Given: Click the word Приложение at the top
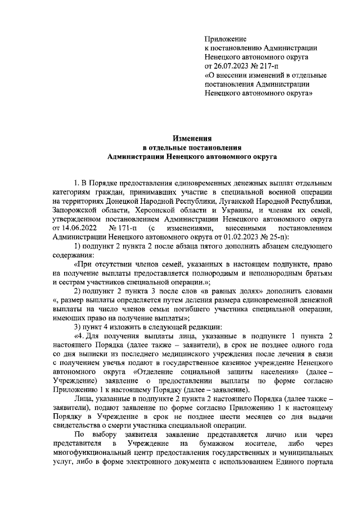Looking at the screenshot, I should coord(226,39).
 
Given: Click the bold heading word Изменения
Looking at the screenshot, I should coord(192,137).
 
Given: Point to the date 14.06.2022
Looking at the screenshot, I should coord(71,228).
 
